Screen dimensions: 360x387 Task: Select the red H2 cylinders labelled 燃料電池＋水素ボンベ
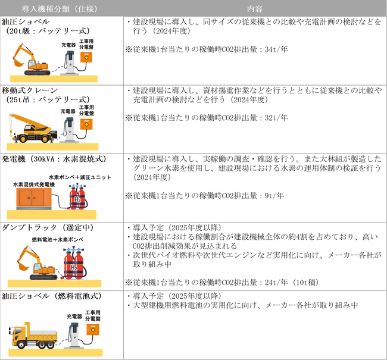pyautogui.click(x=73, y=264)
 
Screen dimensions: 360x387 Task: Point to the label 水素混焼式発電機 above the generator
pyautogui.click(x=34, y=185)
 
